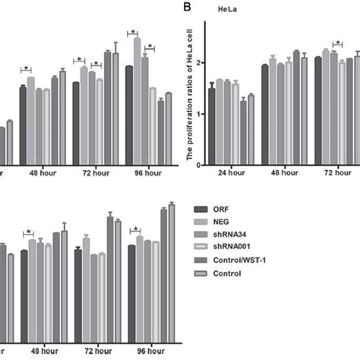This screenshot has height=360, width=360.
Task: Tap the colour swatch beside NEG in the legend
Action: [x=201, y=223]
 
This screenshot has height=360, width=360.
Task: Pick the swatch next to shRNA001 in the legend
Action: [x=201, y=248]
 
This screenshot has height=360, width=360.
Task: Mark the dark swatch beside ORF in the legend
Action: [x=201, y=210]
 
